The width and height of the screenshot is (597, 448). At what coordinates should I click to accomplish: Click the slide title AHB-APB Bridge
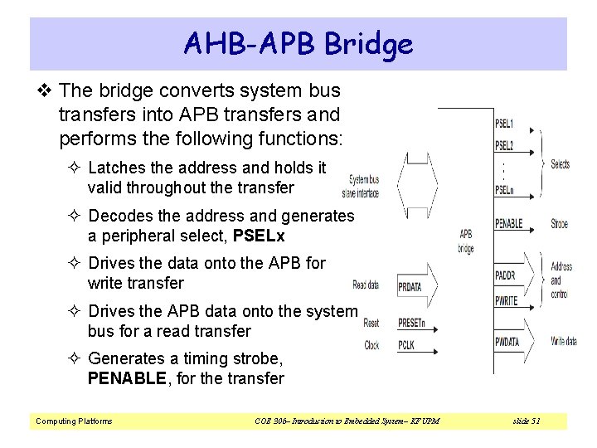click(298, 43)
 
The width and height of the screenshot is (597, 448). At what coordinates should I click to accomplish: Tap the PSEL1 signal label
click(504, 124)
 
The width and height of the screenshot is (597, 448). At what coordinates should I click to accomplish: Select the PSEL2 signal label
click(504, 145)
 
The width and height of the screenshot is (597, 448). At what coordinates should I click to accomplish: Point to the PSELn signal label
click(504, 189)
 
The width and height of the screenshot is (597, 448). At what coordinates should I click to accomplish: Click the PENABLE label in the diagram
click(508, 224)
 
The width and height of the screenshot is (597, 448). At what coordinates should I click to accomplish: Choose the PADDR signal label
click(505, 275)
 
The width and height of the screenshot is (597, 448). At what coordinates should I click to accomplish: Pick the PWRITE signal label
click(507, 300)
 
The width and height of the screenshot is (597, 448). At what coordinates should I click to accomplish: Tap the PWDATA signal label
click(507, 341)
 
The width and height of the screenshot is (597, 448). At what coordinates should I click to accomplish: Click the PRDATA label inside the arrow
click(410, 286)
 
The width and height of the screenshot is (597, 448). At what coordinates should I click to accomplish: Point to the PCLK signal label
click(405, 344)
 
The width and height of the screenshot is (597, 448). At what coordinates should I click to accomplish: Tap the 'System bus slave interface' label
click(363, 187)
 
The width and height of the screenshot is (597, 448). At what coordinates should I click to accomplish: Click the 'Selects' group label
click(561, 164)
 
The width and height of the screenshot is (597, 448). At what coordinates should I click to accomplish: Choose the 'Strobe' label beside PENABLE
click(560, 224)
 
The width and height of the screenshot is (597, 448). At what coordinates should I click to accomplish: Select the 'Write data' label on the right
click(564, 341)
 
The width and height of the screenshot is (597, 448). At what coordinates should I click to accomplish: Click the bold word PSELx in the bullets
click(259, 236)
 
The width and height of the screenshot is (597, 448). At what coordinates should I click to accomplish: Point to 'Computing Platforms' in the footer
click(74, 421)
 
